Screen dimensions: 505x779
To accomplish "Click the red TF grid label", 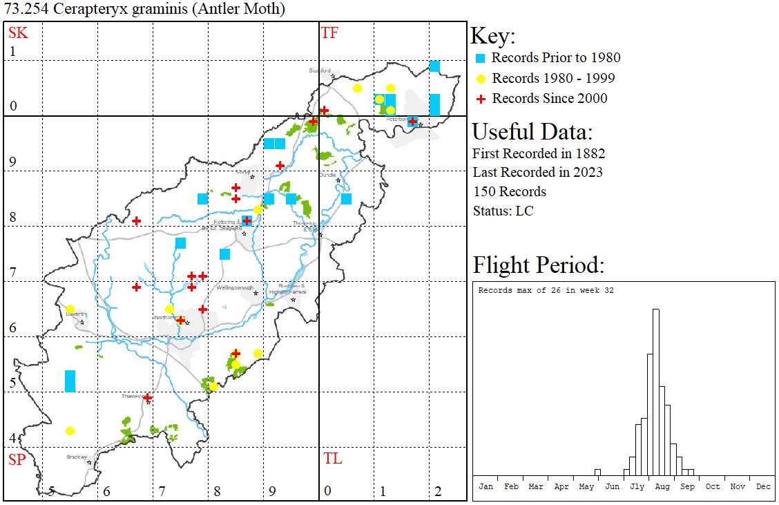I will click(329, 32).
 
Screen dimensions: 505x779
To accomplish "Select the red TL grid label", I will click(333, 459).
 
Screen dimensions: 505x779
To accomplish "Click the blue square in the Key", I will click(481, 58).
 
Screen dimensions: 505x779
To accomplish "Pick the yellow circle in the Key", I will click(481, 79).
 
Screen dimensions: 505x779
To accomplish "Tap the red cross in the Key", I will click(481, 99).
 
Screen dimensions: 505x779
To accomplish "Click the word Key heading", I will click(493, 37).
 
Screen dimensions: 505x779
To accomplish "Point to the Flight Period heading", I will click(538, 265).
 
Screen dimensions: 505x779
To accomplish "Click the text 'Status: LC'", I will click(503, 211).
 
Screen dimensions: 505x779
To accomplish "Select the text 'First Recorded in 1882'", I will click(539, 153).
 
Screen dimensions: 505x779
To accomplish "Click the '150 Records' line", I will click(510, 191).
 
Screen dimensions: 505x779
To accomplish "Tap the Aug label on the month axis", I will click(662, 486).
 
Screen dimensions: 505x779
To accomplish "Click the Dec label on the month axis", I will click(763, 486).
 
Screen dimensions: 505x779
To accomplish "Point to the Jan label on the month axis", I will click(486, 486).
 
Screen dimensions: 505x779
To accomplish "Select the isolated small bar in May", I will click(597, 473).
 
